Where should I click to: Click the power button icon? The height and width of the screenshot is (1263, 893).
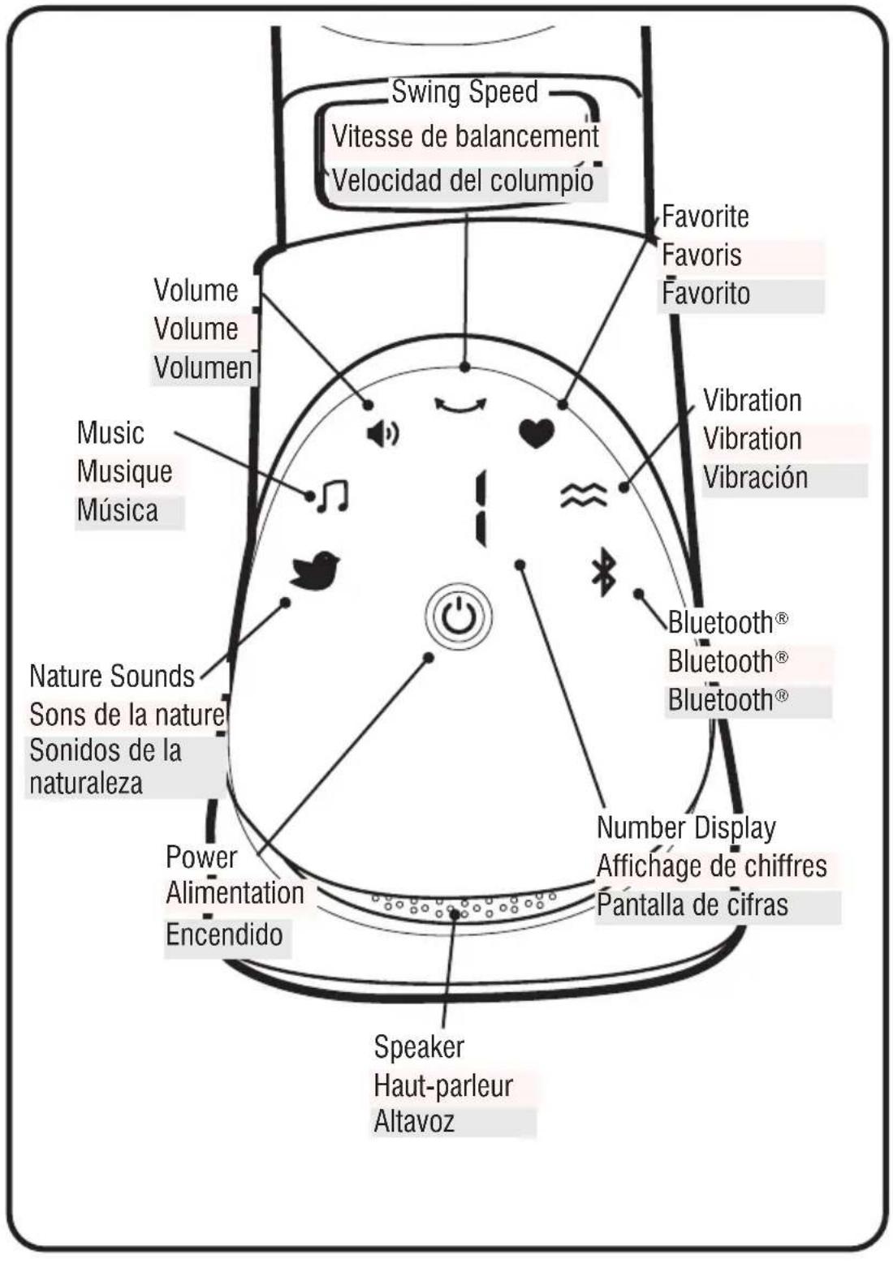coord(458,616)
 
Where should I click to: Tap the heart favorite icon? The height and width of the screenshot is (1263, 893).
coord(536,434)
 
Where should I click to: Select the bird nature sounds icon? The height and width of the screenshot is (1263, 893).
coord(315,570)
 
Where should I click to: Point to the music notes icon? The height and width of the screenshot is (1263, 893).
coord(333,496)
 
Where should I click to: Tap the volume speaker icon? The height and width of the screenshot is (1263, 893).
coord(383,434)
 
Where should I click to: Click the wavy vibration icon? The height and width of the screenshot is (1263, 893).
coord(584,495)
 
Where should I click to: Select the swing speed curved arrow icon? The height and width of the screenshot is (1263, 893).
coord(460,404)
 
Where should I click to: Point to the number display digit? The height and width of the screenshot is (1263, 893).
coord(480,509)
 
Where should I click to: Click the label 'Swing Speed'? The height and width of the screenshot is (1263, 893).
coord(465,92)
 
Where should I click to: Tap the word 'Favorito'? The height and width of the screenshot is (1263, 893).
coord(705,293)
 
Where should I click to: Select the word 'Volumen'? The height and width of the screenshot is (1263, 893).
coord(203,367)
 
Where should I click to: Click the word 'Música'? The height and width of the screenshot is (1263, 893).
coord(118,509)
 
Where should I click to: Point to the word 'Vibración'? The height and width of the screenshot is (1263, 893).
coord(755,477)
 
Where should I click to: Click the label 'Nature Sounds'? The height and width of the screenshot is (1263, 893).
coord(112,676)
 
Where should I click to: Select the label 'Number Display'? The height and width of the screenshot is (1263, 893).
coord(686,828)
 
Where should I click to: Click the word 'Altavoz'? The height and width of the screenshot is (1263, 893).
coord(414,1122)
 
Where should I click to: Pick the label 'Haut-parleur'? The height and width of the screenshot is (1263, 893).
coord(443,1085)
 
